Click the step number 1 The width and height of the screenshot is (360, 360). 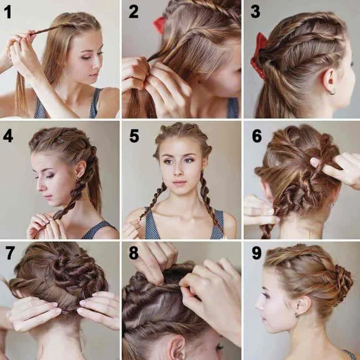tap(7, 12)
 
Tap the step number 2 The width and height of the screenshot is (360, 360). tap(133, 12)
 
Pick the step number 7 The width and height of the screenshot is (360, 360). tap(9, 253)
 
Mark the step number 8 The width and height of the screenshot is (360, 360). tap(133, 253)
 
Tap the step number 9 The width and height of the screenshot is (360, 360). tap(256, 253)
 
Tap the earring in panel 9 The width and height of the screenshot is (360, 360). tap(297, 315)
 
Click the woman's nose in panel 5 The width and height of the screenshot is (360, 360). tap(178, 172)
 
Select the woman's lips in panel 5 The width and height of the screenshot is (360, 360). tap(178, 183)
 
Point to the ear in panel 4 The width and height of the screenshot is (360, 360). tap(81, 168)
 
